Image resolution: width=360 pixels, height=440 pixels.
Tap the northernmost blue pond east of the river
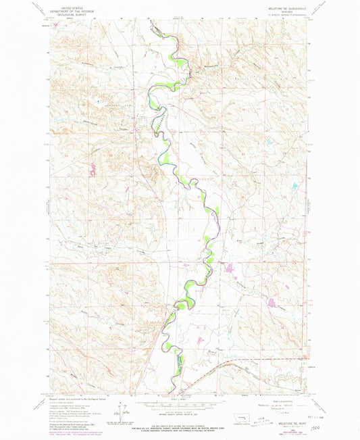click(293, 185)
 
